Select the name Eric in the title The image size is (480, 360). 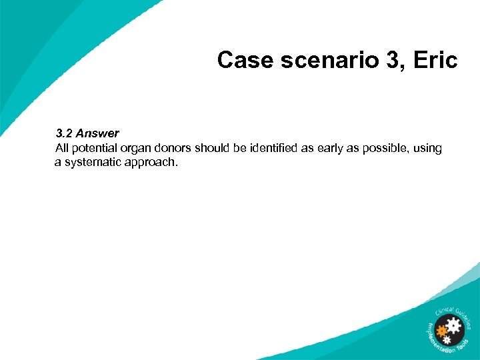coord(435,61)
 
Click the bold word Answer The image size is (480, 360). coord(97,133)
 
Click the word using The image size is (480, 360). coord(427,148)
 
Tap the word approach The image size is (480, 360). coord(153,162)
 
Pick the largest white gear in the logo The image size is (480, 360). coord(455,327)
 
